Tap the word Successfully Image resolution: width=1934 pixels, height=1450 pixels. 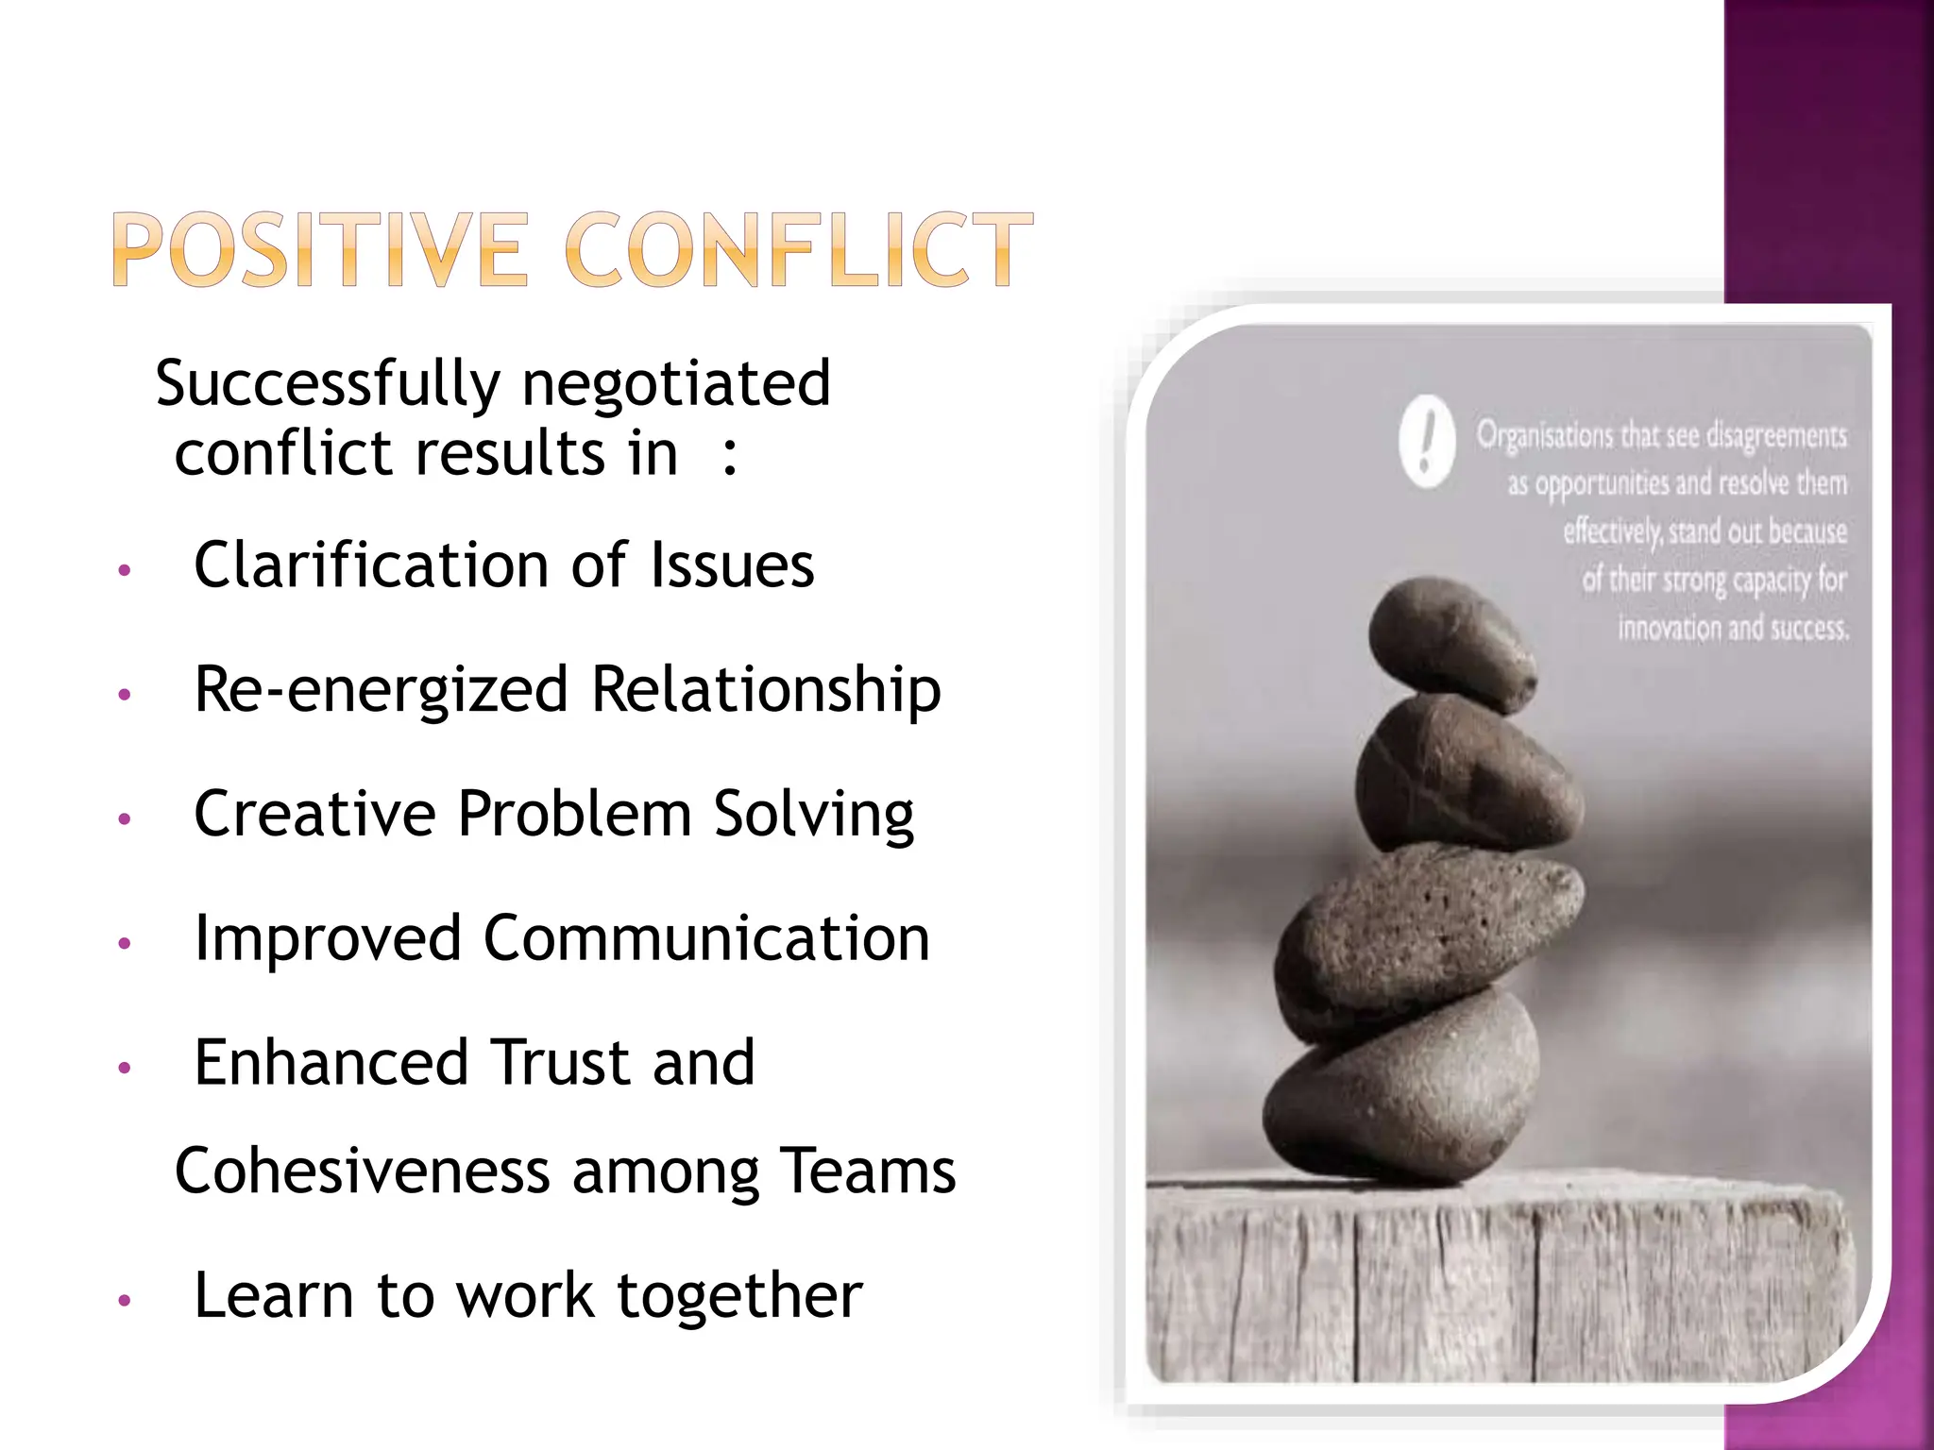[x=328, y=385]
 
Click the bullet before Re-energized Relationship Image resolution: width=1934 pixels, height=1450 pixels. [x=124, y=694]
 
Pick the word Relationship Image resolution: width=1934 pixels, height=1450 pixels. [x=766, y=690]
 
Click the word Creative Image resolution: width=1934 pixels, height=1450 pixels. [x=314, y=813]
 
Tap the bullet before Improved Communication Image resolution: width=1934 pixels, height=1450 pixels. [x=124, y=942]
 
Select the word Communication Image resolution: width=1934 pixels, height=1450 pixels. [x=706, y=938]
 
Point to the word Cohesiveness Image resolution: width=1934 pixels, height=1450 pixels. [x=363, y=1172]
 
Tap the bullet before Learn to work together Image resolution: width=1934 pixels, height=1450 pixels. [x=124, y=1301]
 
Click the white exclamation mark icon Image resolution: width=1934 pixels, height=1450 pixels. [x=1427, y=442]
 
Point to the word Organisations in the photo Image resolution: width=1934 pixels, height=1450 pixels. [x=1545, y=436]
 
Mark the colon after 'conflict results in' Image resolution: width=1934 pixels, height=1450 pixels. [x=729, y=456]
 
